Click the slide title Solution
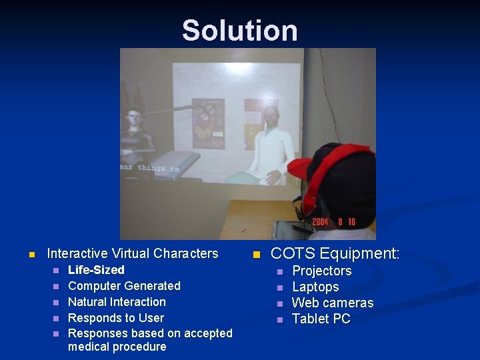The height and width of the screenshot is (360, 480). click(x=239, y=31)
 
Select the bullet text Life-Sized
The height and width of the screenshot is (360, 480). click(x=96, y=270)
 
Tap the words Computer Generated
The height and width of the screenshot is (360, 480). click(x=124, y=286)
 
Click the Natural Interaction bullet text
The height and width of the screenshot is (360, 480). click(x=117, y=302)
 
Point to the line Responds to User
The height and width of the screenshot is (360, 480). click(x=115, y=318)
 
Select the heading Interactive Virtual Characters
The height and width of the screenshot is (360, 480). click(x=132, y=253)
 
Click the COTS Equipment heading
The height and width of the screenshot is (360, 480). click(x=335, y=253)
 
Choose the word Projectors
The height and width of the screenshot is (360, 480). click(x=321, y=271)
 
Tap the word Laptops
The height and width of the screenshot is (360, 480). click(x=315, y=287)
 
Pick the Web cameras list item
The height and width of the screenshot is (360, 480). click(x=333, y=303)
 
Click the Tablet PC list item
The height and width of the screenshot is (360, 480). click(x=321, y=319)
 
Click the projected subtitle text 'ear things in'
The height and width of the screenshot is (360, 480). click(x=149, y=168)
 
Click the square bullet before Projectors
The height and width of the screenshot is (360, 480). click(x=281, y=271)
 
